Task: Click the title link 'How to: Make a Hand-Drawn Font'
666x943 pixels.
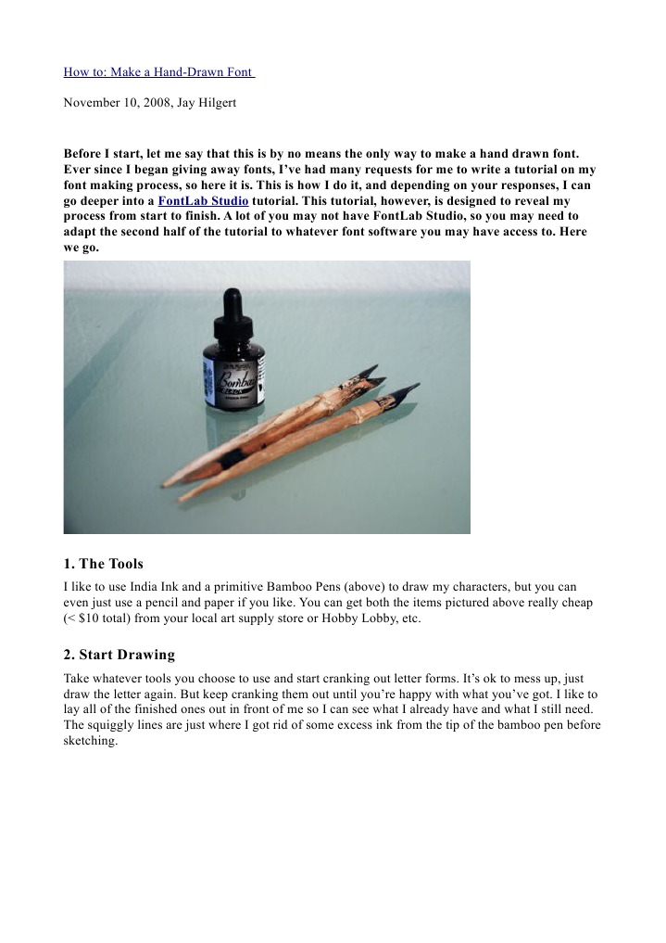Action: (x=158, y=72)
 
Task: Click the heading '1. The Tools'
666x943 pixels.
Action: (x=103, y=564)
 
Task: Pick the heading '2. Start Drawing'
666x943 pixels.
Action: (x=119, y=655)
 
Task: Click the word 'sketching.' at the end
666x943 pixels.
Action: (x=91, y=741)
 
